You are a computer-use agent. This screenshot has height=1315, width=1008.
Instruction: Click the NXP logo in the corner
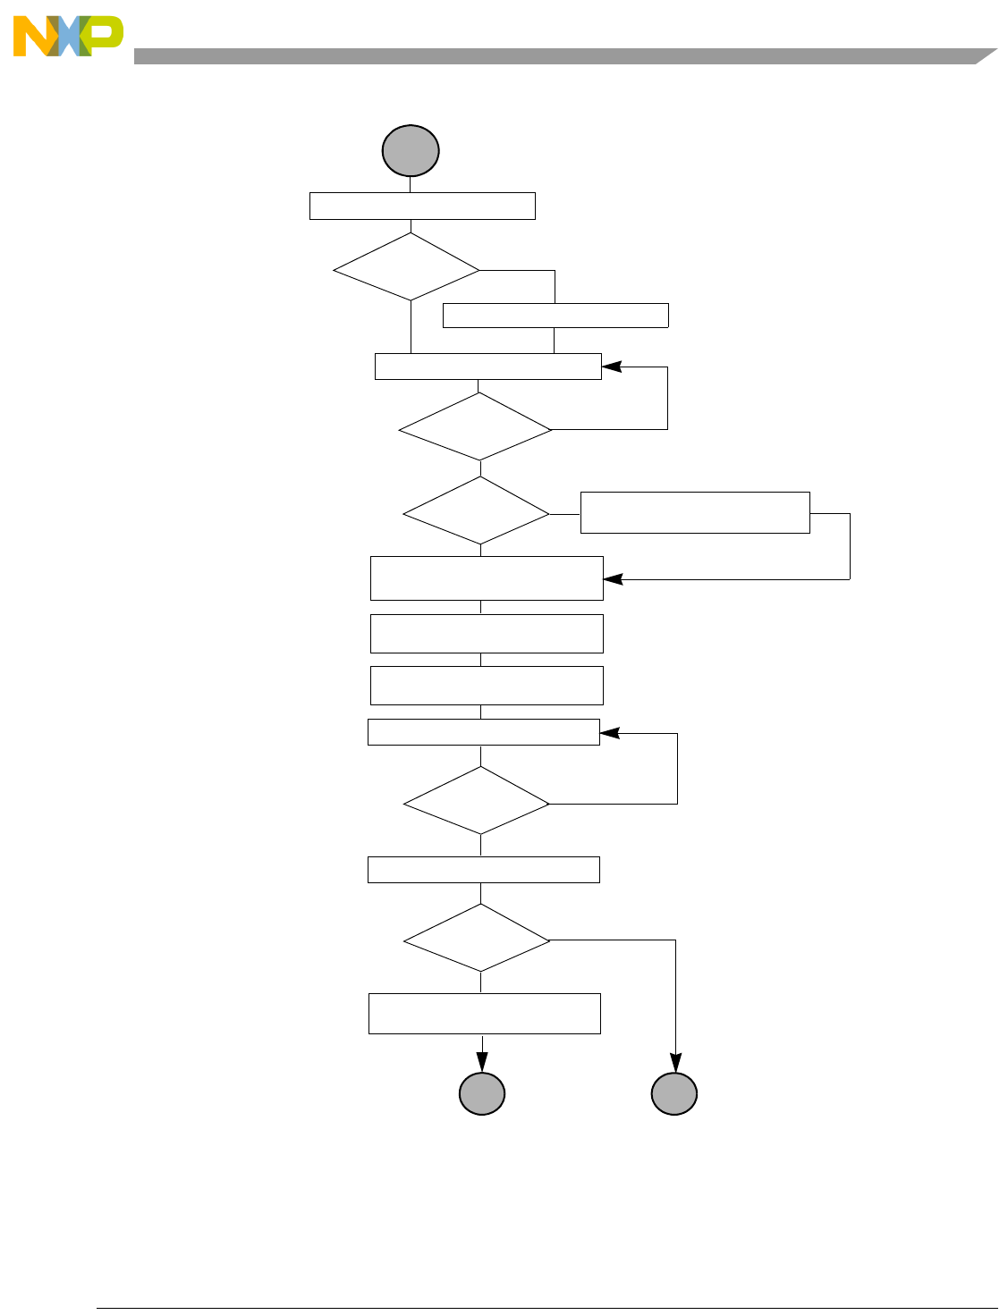click(68, 37)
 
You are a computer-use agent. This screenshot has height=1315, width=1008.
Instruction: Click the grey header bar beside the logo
click(555, 56)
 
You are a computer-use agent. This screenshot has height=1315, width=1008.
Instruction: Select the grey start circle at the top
click(411, 150)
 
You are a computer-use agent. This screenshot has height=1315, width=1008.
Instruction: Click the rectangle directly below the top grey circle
click(422, 206)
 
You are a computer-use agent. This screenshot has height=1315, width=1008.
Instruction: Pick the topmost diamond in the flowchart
click(407, 267)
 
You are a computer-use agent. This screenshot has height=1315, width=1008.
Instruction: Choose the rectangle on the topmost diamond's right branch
click(555, 316)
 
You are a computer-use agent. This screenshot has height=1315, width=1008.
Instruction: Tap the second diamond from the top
click(475, 427)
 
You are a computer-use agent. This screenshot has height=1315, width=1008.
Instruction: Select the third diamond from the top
click(476, 511)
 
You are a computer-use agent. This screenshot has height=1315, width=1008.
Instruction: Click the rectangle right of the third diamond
click(695, 512)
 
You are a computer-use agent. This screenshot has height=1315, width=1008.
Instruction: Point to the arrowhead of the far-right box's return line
click(612, 579)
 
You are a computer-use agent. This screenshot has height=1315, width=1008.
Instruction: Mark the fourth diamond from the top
click(476, 801)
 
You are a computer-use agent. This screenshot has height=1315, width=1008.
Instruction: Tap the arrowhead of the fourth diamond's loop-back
click(608, 733)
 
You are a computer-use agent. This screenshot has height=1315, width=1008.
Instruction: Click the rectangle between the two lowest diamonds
click(483, 870)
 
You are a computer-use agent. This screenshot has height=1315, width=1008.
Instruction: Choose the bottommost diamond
click(476, 938)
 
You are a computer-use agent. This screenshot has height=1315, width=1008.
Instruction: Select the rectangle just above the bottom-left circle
click(484, 1014)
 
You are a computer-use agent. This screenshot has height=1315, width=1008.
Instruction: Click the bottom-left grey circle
click(482, 1093)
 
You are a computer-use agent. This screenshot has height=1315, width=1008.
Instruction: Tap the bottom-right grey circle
click(674, 1093)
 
